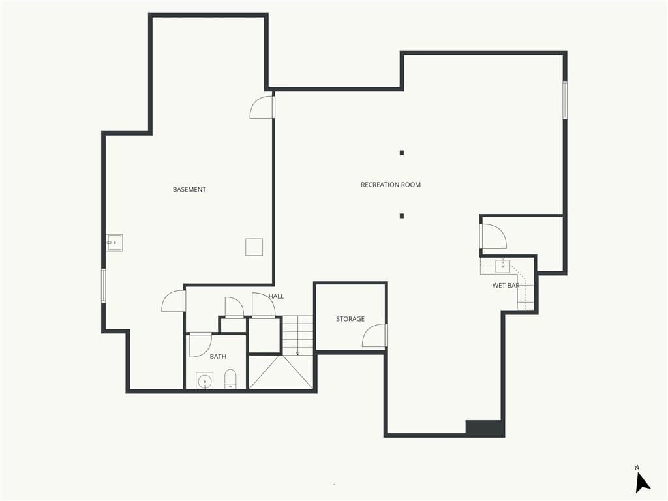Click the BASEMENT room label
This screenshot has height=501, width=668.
189,190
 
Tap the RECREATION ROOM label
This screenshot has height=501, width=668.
391,185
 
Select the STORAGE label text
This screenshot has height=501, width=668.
350,319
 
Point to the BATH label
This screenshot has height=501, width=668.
218,357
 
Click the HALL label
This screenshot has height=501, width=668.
276,297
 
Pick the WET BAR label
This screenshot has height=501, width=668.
506,286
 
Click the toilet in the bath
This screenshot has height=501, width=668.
230,379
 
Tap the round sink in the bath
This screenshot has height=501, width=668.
204,380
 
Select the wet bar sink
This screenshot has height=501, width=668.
503,266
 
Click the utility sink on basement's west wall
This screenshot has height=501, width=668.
114,243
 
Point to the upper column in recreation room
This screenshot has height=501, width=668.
402,153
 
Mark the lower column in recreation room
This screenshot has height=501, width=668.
402,216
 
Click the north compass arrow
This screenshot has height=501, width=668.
642,483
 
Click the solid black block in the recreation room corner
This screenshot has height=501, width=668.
485,428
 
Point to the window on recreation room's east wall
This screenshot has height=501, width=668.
565,100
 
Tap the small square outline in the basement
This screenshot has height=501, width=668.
254,247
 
